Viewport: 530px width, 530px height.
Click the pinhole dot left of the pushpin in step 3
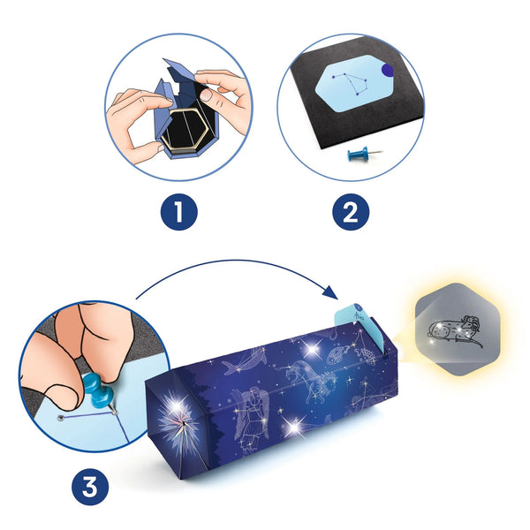click(x=61, y=417)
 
